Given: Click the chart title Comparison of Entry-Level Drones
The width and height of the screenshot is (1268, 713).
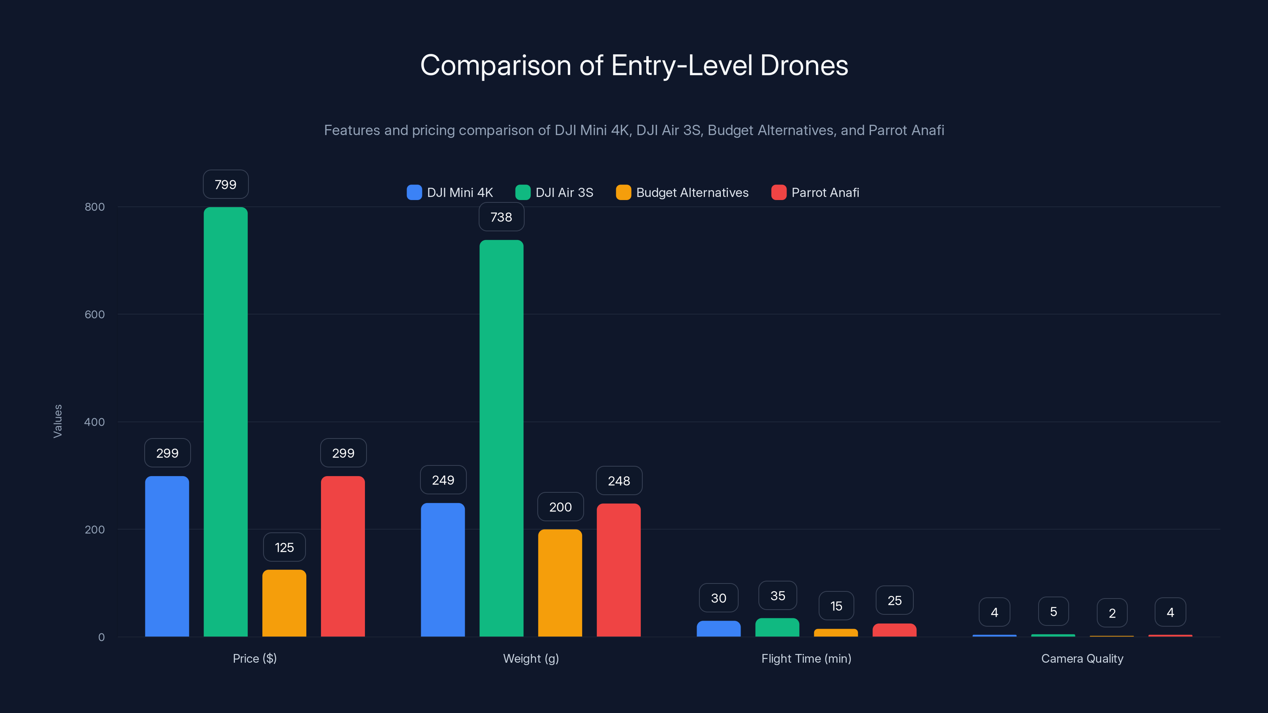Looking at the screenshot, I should point(634,65).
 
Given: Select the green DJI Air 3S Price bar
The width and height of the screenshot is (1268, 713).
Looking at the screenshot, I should point(225,422).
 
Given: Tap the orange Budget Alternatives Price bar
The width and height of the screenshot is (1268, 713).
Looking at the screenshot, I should point(284,603).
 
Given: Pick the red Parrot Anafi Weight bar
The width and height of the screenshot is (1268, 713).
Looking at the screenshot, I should point(618,570).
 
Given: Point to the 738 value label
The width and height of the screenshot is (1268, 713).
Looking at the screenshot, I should point(501,217).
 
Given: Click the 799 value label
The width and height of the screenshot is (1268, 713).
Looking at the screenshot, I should point(225,185).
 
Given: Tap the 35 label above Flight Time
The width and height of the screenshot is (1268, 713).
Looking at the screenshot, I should point(777,595).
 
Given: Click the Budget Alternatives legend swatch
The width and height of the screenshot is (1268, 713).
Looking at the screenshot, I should point(623,193).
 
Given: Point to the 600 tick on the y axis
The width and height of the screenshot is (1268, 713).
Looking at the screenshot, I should point(95,315).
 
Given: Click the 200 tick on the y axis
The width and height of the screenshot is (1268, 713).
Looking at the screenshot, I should point(95,530).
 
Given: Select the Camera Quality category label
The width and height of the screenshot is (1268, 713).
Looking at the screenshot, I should point(1082,658).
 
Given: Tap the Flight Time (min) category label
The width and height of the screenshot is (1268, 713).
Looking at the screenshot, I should point(806,658).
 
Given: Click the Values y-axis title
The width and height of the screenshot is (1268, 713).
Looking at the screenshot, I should point(57,421).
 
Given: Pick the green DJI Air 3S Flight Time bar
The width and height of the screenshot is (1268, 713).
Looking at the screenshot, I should point(777,627).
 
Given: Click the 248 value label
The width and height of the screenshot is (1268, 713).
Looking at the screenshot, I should point(619,481).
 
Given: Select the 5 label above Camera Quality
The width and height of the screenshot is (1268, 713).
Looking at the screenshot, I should point(1053,611).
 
